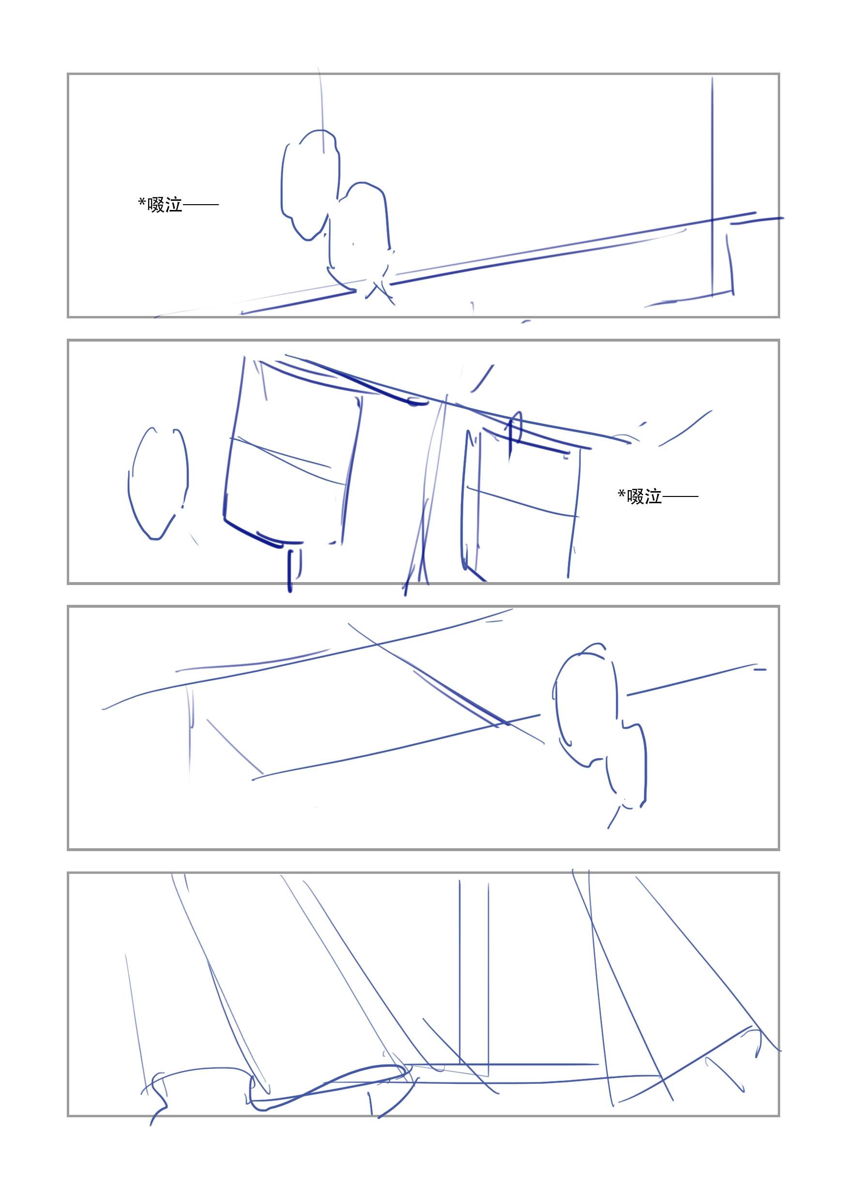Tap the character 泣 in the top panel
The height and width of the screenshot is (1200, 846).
click(174, 205)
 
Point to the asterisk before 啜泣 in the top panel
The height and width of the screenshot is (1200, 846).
click(142, 202)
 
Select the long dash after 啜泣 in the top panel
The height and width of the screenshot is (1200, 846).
click(200, 205)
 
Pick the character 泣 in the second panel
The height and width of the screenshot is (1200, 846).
click(653, 496)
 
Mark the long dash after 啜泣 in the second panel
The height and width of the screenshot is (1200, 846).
click(680, 496)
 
